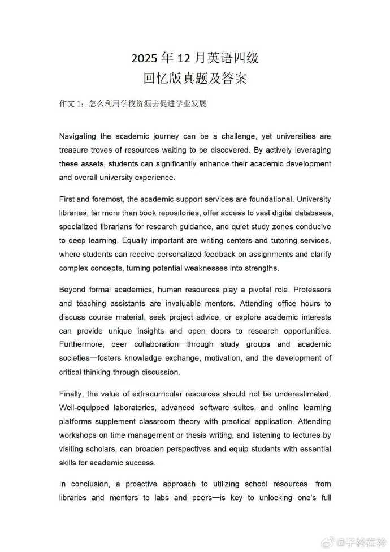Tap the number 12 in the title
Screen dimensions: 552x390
[186, 58]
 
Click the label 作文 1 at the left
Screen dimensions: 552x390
[71, 104]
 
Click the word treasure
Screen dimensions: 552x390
[74, 150]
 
